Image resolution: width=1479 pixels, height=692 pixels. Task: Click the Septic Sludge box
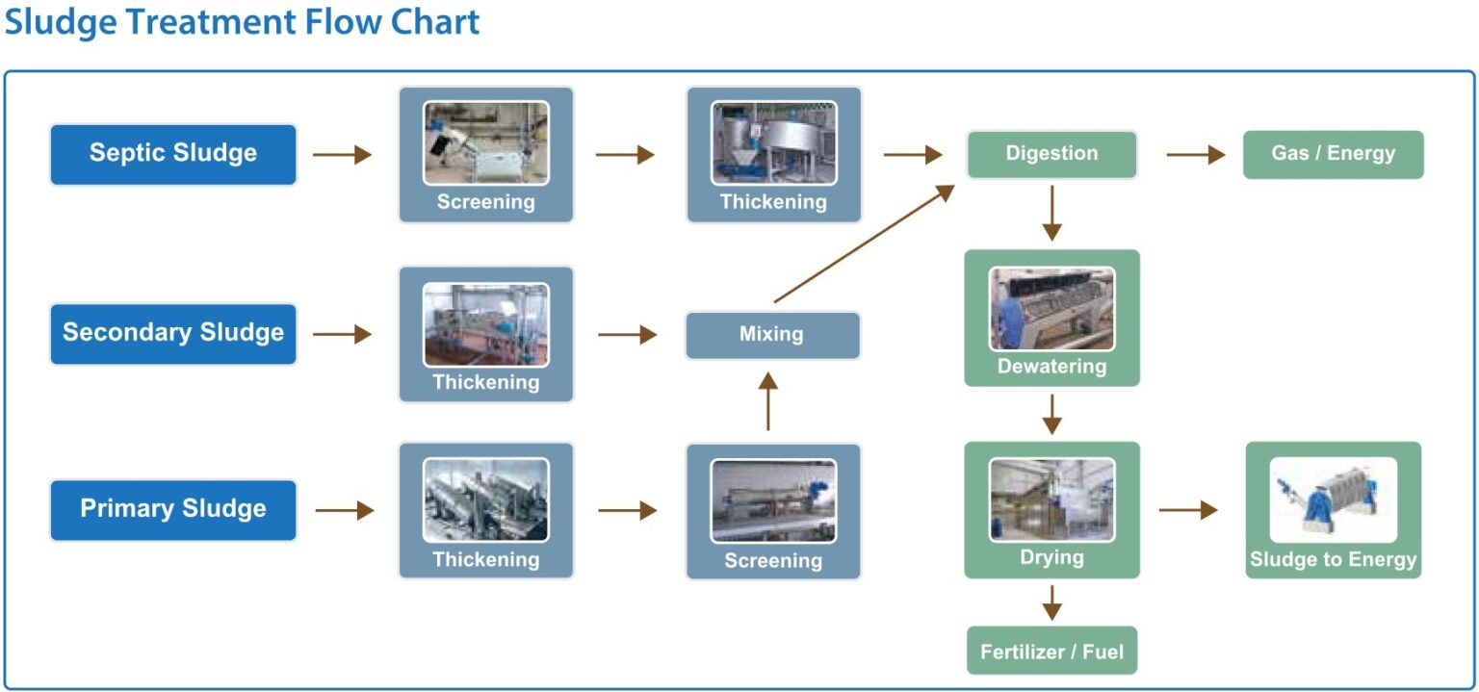(173, 154)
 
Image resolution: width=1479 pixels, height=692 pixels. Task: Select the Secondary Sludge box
(173, 333)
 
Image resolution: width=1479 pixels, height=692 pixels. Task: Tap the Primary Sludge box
(173, 509)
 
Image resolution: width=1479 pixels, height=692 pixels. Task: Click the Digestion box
(1051, 154)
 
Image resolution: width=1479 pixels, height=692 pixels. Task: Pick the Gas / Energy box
(1333, 154)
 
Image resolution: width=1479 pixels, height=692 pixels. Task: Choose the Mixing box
(772, 335)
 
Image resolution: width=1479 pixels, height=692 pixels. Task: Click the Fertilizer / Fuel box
(1051, 652)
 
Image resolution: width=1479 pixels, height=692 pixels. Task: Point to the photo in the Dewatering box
(1051, 308)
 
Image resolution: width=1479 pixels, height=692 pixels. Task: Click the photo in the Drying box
(1051, 500)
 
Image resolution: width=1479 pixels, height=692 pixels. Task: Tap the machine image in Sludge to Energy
(1333, 500)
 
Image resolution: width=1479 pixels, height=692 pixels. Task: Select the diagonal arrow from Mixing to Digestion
(864, 244)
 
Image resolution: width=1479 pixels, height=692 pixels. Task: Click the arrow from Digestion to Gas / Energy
(1195, 154)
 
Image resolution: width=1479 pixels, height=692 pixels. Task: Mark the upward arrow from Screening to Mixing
(767, 401)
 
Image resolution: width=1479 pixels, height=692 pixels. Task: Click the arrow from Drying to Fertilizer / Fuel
(1051, 602)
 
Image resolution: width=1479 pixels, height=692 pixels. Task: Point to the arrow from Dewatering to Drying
(1051, 414)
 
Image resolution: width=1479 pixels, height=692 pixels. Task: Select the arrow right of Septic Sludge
(342, 154)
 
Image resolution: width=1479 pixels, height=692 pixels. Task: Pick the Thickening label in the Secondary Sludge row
(486, 382)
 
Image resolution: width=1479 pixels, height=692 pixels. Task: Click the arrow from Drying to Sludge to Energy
(1188, 510)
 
